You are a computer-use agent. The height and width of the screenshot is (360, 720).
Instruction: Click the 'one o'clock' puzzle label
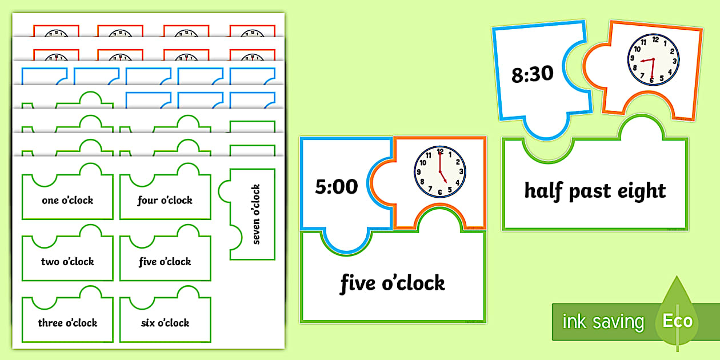click(x=67, y=201)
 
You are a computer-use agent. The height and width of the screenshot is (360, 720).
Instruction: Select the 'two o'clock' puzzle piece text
click(x=67, y=262)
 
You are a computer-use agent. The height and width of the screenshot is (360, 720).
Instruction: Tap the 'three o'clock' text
click(x=67, y=323)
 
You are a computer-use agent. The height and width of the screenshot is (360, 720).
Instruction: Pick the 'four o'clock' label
click(x=165, y=201)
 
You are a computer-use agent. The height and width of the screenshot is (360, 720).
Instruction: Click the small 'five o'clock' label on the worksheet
click(x=165, y=262)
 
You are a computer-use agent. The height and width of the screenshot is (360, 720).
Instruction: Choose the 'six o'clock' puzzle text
click(x=165, y=323)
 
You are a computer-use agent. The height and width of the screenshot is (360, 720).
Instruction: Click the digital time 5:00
click(x=337, y=186)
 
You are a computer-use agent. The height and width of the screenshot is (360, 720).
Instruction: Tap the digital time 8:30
click(x=533, y=74)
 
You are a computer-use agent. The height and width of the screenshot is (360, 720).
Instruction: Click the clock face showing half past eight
click(x=654, y=59)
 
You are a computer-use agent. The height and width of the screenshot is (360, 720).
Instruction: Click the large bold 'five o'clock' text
click(x=393, y=283)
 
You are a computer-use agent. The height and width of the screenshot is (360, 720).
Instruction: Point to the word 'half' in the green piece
click(x=545, y=190)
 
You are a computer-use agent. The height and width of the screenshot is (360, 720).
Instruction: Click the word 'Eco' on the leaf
click(x=677, y=320)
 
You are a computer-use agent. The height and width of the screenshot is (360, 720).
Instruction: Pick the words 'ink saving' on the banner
click(x=603, y=322)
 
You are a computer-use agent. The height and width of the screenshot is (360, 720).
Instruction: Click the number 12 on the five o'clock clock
click(x=439, y=153)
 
